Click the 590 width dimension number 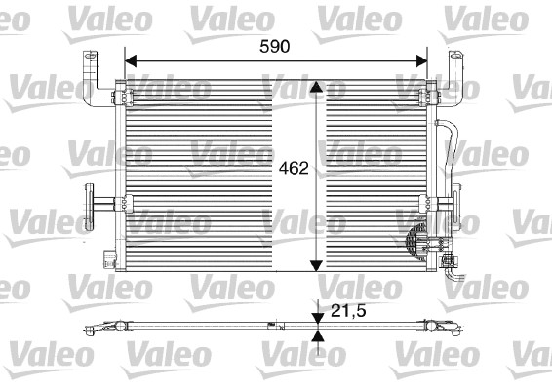point(275,47)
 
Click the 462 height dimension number point(294,168)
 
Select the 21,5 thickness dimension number point(348,310)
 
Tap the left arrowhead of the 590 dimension point(131,60)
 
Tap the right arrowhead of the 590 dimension point(421,60)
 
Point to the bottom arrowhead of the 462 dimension point(317,266)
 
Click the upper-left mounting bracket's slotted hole point(91,56)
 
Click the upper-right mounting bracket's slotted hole point(455,56)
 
